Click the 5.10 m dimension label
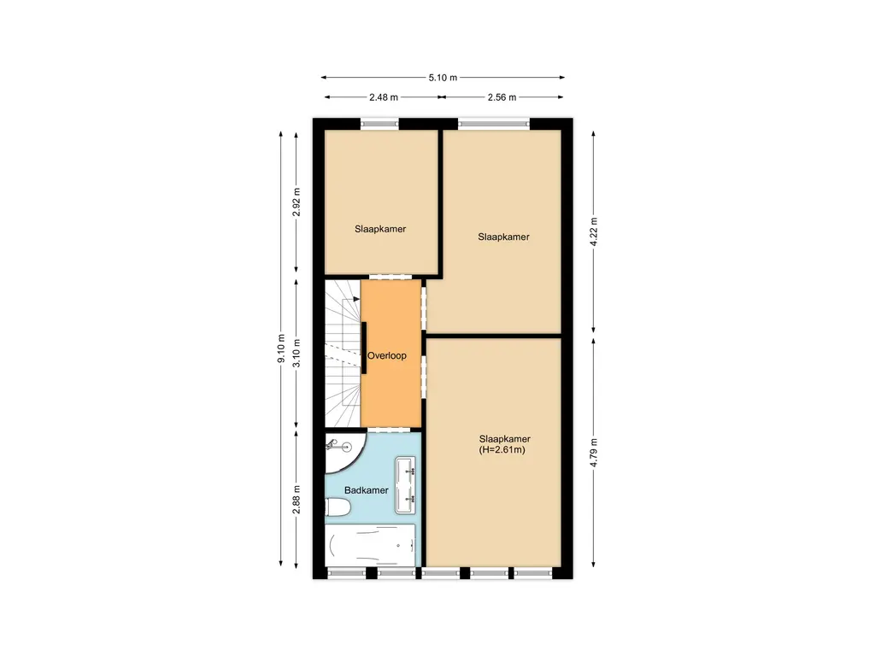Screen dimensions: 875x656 click(443, 78)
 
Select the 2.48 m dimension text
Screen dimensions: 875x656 click(384, 97)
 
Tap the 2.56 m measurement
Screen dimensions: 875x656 click(502, 97)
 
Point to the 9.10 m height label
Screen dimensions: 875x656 click(281, 348)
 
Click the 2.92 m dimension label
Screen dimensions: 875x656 click(297, 202)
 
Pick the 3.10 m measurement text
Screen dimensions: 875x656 click(297, 353)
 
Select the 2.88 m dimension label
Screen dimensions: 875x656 click(297, 500)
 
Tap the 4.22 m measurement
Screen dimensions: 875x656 click(594, 231)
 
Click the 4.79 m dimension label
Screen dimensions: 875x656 click(594, 453)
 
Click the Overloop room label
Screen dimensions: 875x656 click(387, 356)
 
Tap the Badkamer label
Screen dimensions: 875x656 click(366, 490)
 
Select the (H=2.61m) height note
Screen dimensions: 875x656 click(502, 450)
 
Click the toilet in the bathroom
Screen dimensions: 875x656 click(338, 507)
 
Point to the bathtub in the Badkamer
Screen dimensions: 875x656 click(371, 545)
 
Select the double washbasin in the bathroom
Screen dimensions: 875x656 click(406, 485)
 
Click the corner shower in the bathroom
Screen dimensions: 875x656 click(345, 453)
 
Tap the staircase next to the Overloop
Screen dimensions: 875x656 click(343, 353)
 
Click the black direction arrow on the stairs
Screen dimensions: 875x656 click(356, 300)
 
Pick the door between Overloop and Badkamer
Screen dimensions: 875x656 click(389, 430)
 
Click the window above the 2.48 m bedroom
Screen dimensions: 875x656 click(379, 124)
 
